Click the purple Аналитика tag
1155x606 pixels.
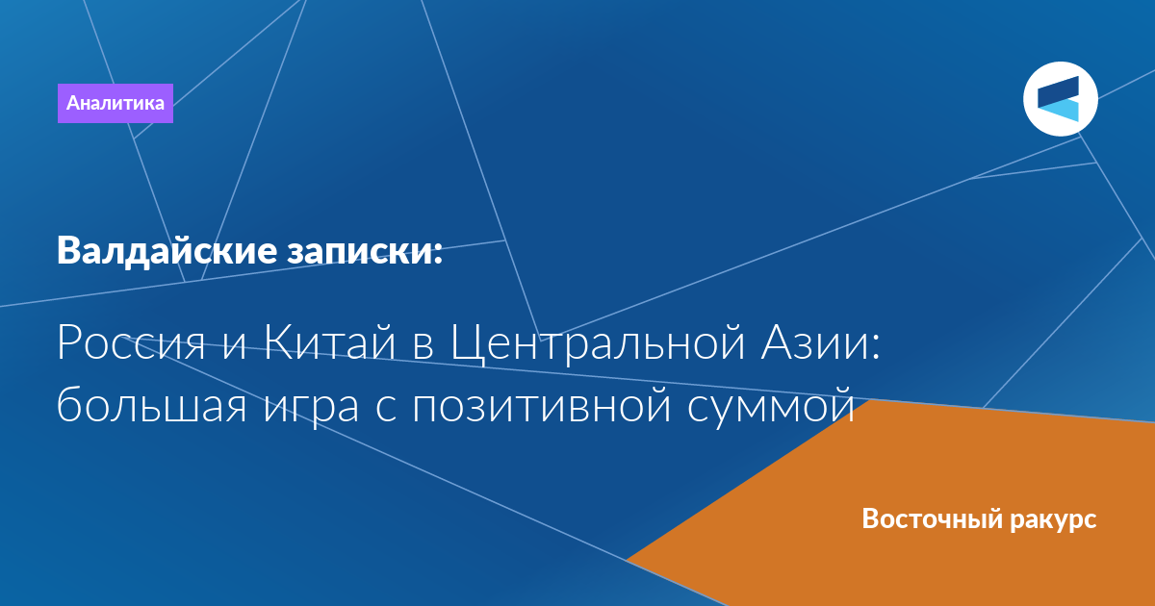coord(115,103)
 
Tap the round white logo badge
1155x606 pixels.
coord(1061,99)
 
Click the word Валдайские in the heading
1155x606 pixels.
coord(167,251)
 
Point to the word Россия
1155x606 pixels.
coord(132,342)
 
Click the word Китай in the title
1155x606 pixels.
coord(330,341)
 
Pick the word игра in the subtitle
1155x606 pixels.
coord(311,410)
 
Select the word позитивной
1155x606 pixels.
coord(541,405)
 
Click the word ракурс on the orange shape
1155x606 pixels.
coord(1053,521)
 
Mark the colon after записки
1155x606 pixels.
coord(438,253)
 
